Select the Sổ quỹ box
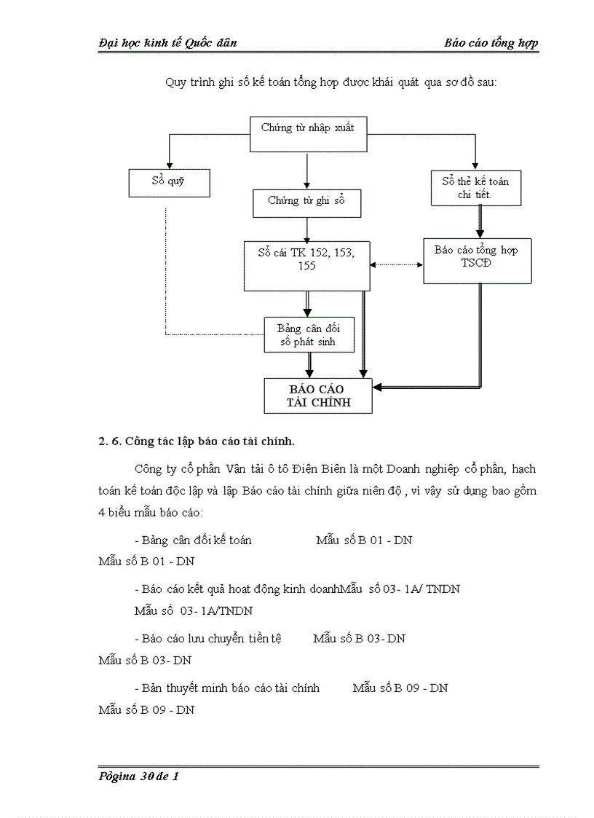(x=169, y=182)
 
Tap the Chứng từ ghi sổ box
(x=306, y=202)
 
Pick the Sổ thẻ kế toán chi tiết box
(x=475, y=188)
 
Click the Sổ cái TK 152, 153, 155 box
(x=306, y=264)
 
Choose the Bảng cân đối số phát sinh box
(x=308, y=334)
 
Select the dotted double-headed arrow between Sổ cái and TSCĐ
(x=397, y=264)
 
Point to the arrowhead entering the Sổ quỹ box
(x=169, y=165)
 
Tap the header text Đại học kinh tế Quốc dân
(x=167, y=43)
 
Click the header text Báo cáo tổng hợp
(x=491, y=43)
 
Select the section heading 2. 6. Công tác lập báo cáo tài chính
(x=197, y=441)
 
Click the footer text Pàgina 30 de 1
(x=138, y=776)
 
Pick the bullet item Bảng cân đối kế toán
(x=194, y=540)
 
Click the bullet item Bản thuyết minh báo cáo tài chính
(x=227, y=688)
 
